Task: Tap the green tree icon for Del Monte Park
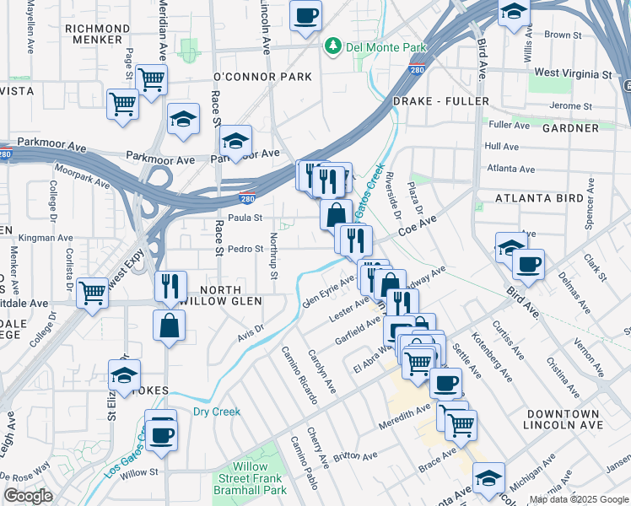pyautogui.click(x=334, y=46)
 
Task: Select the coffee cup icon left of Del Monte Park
pyautogui.click(x=305, y=13)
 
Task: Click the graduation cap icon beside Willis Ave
pyautogui.click(x=514, y=12)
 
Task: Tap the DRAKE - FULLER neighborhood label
pyautogui.click(x=441, y=101)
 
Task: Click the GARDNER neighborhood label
pyautogui.click(x=570, y=127)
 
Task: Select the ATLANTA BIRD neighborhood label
pyautogui.click(x=538, y=198)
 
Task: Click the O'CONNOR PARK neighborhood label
pyautogui.click(x=263, y=77)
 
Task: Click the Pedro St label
pyautogui.click(x=246, y=250)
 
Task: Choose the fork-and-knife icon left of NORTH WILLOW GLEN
pyautogui.click(x=170, y=286)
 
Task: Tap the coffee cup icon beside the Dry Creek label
pyautogui.click(x=161, y=434)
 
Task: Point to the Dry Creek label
pyautogui.click(x=217, y=412)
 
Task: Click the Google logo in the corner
pyautogui.click(x=28, y=496)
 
